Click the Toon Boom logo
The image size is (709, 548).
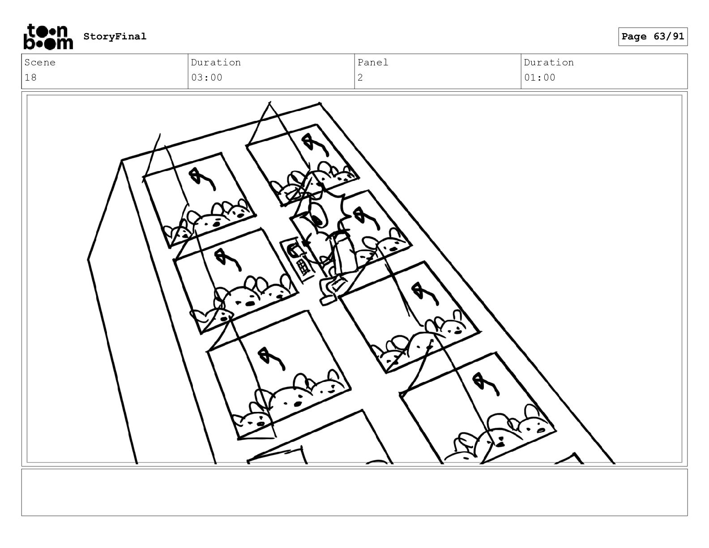coord(48,37)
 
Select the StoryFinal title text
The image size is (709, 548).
coord(115,36)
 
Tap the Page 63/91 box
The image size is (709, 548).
coord(653,37)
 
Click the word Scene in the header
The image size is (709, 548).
coord(40,62)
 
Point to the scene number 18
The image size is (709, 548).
coord(31,78)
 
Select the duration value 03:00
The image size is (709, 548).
coord(206,78)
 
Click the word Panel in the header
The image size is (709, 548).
coord(373,62)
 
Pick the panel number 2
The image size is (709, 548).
coord(360,78)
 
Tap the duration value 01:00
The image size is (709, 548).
coord(540,78)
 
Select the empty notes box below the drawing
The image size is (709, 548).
coord(354,492)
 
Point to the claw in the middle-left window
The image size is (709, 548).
coord(228,260)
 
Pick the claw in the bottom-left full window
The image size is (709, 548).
coord(271,359)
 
